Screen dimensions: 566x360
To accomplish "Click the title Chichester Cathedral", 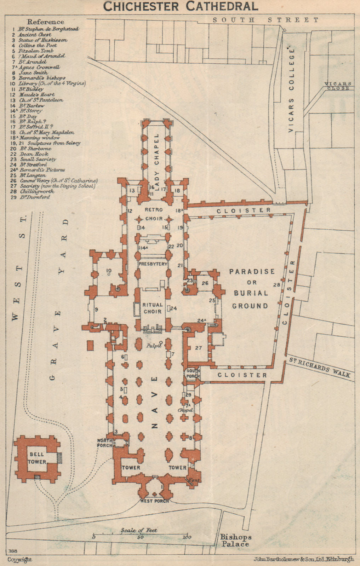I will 180,6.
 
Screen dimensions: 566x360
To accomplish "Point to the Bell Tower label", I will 37,458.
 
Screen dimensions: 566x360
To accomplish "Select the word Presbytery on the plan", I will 153,264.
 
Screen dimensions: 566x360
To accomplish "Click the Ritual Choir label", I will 152,308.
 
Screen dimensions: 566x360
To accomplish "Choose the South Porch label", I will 193,373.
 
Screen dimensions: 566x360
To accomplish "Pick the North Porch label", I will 105,443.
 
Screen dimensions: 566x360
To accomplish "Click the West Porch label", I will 154,501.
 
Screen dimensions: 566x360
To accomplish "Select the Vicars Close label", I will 338,86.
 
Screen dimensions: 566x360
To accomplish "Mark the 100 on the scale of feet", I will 187,537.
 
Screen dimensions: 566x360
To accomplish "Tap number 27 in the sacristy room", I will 198,348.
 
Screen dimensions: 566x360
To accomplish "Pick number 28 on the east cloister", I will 276,285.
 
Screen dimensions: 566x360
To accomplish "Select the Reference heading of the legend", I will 46,22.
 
